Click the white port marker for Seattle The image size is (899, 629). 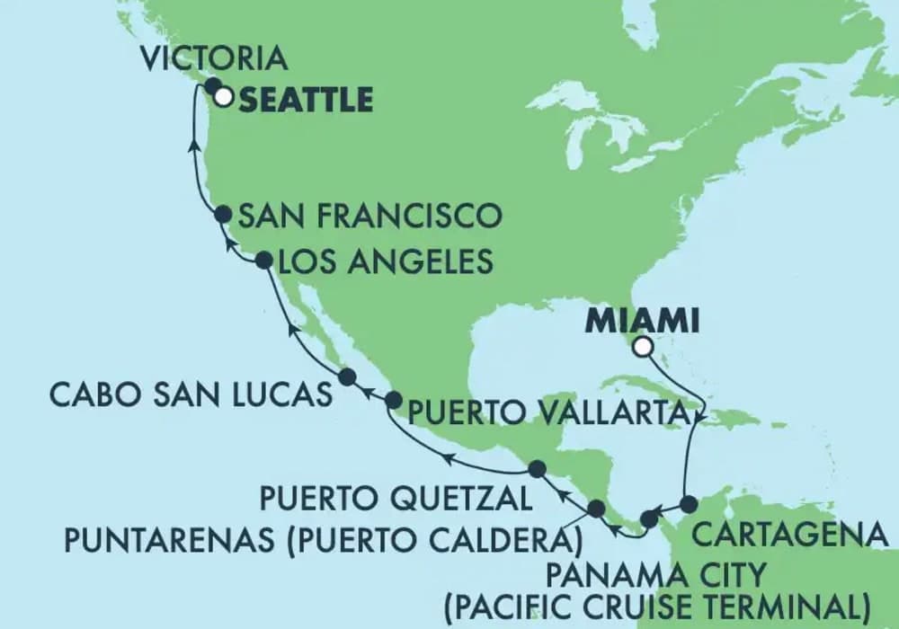[x=222, y=96]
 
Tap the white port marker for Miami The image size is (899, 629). [x=642, y=348]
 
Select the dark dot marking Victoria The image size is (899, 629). [x=213, y=86]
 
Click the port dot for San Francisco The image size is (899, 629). [x=224, y=214]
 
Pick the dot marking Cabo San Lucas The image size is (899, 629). [x=346, y=377]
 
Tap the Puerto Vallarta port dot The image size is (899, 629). [x=393, y=401]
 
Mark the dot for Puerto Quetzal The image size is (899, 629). [x=537, y=468]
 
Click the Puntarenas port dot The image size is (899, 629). [x=596, y=509]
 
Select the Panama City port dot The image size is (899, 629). [x=648, y=518]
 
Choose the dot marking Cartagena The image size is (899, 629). [x=689, y=504]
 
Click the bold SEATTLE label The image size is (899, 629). [x=307, y=99]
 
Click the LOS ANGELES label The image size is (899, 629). [x=387, y=261]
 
